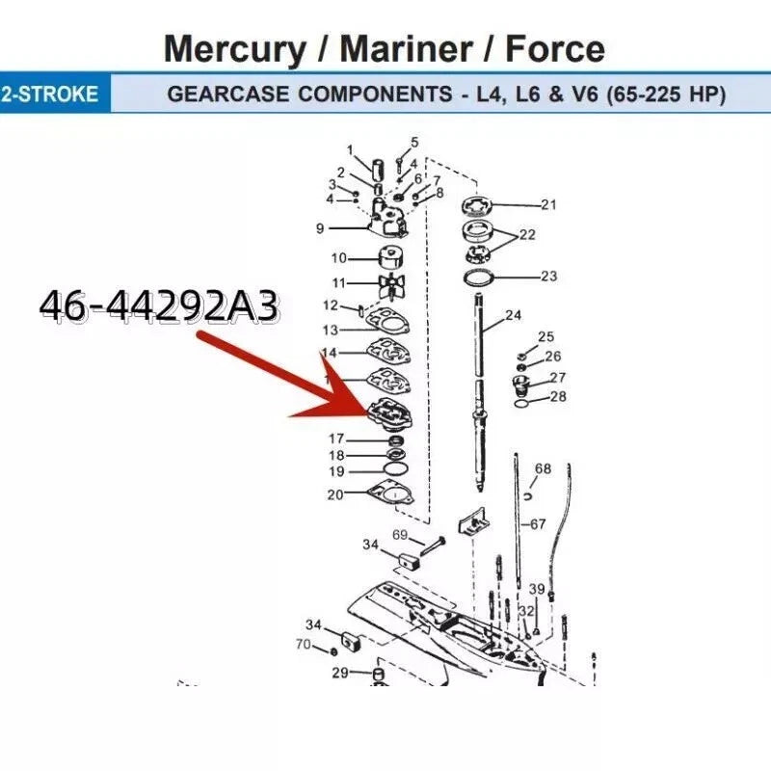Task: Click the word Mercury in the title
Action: (239, 48)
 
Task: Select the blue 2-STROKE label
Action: (50, 95)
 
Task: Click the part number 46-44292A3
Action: (160, 306)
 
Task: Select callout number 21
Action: (548, 204)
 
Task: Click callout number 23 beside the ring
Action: (548, 277)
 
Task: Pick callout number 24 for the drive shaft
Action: (513, 315)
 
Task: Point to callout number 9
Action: (320, 228)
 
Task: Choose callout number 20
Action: (334, 494)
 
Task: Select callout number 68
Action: (543, 469)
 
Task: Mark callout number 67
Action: (538, 524)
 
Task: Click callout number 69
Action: (400, 535)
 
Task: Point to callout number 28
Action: (558, 397)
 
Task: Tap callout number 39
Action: (537, 590)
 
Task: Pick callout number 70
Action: (303, 644)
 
